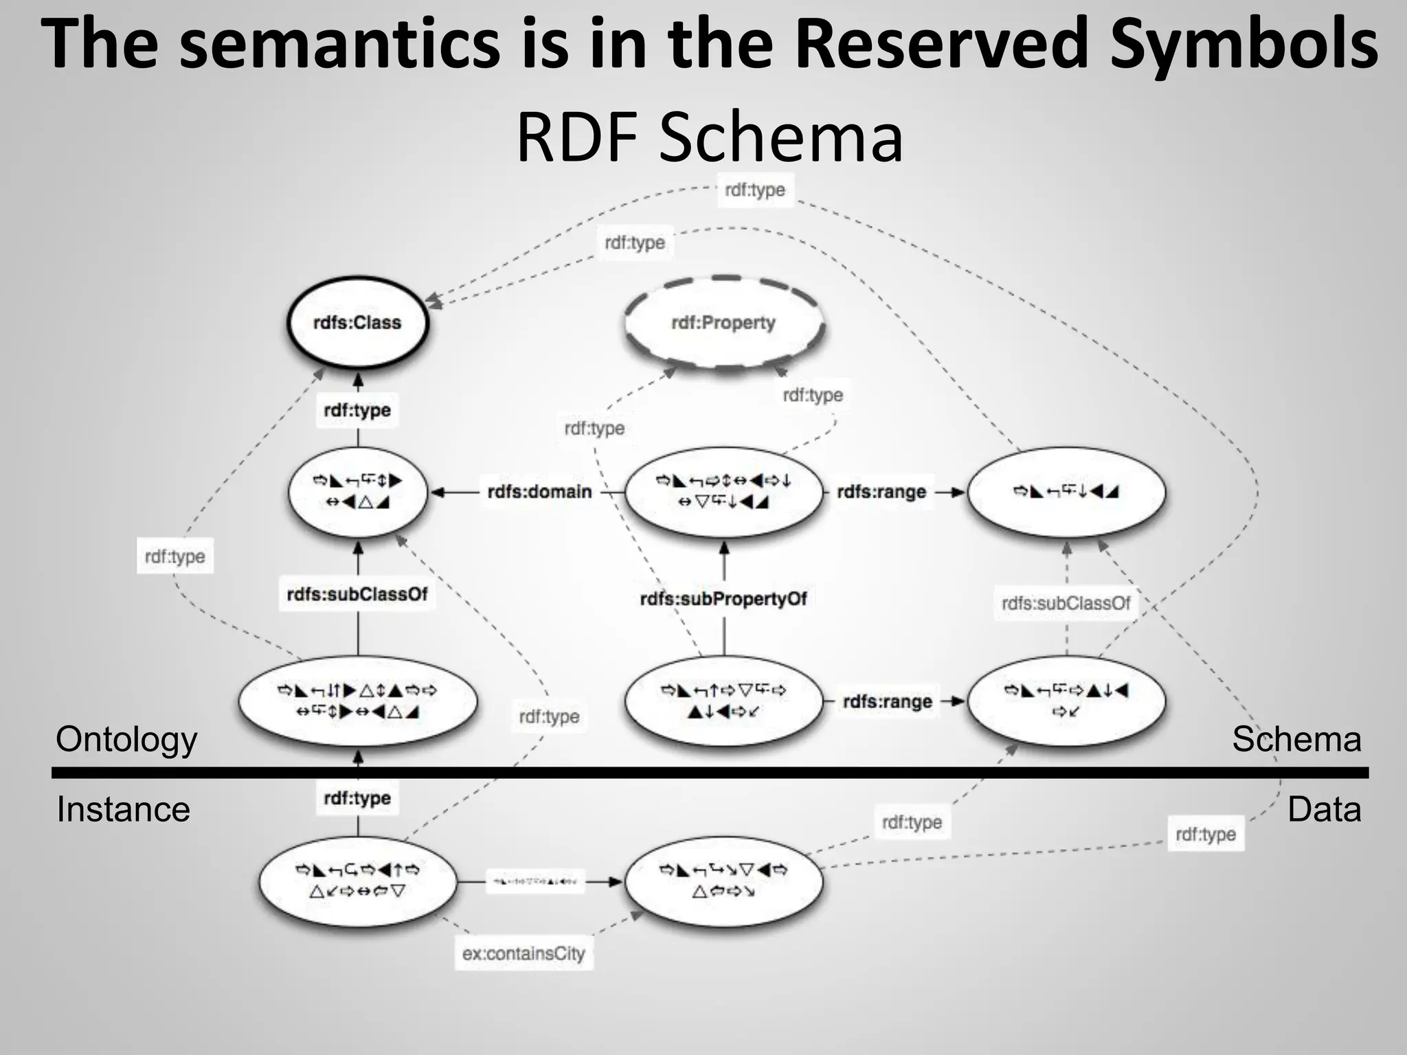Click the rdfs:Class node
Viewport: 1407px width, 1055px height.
click(357, 323)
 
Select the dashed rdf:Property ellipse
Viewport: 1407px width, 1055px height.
click(723, 323)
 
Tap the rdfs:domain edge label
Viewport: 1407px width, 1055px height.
click(539, 492)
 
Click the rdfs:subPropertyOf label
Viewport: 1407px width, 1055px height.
click(723, 599)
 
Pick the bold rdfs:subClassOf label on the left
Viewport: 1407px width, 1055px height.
click(357, 594)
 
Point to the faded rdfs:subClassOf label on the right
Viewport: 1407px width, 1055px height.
click(1066, 603)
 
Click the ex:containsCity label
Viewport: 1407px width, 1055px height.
click(524, 953)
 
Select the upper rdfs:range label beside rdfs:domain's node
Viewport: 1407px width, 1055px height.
click(881, 492)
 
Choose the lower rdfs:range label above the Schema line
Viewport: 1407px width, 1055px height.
click(887, 702)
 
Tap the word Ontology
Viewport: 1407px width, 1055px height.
click(126, 740)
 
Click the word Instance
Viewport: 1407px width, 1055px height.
click(123, 809)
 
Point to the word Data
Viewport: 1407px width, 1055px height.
click(1324, 809)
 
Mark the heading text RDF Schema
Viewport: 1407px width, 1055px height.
click(709, 137)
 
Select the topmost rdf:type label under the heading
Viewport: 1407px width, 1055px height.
click(755, 190)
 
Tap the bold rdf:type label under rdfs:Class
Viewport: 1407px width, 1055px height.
click(357, 410)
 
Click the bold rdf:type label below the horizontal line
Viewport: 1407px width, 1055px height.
click(357, 798)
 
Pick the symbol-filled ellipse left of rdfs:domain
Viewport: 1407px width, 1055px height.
click(357, 492)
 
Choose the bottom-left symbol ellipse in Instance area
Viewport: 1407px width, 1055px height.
click(357, 881)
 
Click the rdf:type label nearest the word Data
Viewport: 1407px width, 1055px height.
click(1206, 835)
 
